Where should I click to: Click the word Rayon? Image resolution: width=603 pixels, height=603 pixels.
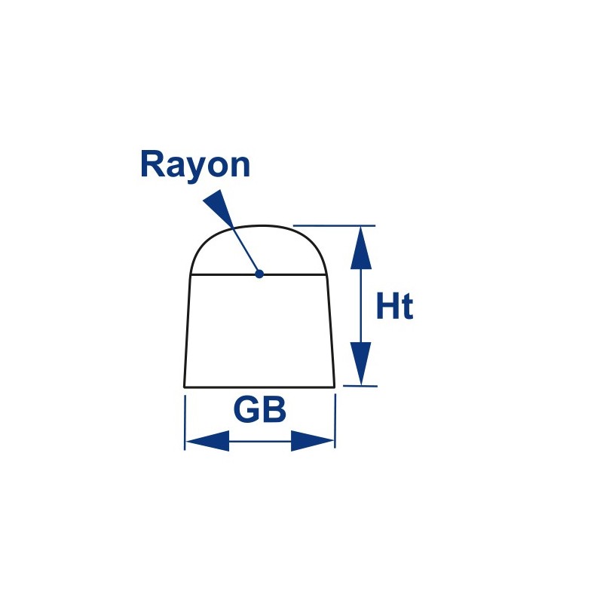195,166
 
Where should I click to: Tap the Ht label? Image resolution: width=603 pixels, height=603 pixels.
395,306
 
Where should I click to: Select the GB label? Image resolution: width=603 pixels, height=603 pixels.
260,410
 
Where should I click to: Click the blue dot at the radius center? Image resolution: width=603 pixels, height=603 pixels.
259,274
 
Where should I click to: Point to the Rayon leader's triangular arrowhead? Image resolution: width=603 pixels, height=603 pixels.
219,208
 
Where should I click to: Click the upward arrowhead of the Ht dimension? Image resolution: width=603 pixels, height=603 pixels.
361,248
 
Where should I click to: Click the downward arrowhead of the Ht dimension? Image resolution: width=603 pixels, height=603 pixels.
361,363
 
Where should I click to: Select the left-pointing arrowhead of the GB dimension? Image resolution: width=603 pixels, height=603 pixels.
207,441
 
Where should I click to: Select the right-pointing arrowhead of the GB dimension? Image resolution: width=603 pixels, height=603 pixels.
312,441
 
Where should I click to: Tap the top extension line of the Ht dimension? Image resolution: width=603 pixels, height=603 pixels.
334,225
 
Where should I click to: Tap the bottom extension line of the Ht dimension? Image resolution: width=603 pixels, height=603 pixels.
360,386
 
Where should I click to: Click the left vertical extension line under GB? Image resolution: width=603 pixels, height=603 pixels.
185,422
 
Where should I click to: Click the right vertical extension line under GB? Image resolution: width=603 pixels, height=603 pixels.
335,421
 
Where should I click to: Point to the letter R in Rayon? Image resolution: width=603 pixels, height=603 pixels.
152,164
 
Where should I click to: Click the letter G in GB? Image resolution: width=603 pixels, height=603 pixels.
247,410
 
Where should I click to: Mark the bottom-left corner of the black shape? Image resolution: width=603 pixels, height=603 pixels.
184,387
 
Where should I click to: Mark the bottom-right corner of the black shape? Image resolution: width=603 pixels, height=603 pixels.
335,387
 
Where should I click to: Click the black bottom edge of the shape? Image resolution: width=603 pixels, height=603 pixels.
259,387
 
